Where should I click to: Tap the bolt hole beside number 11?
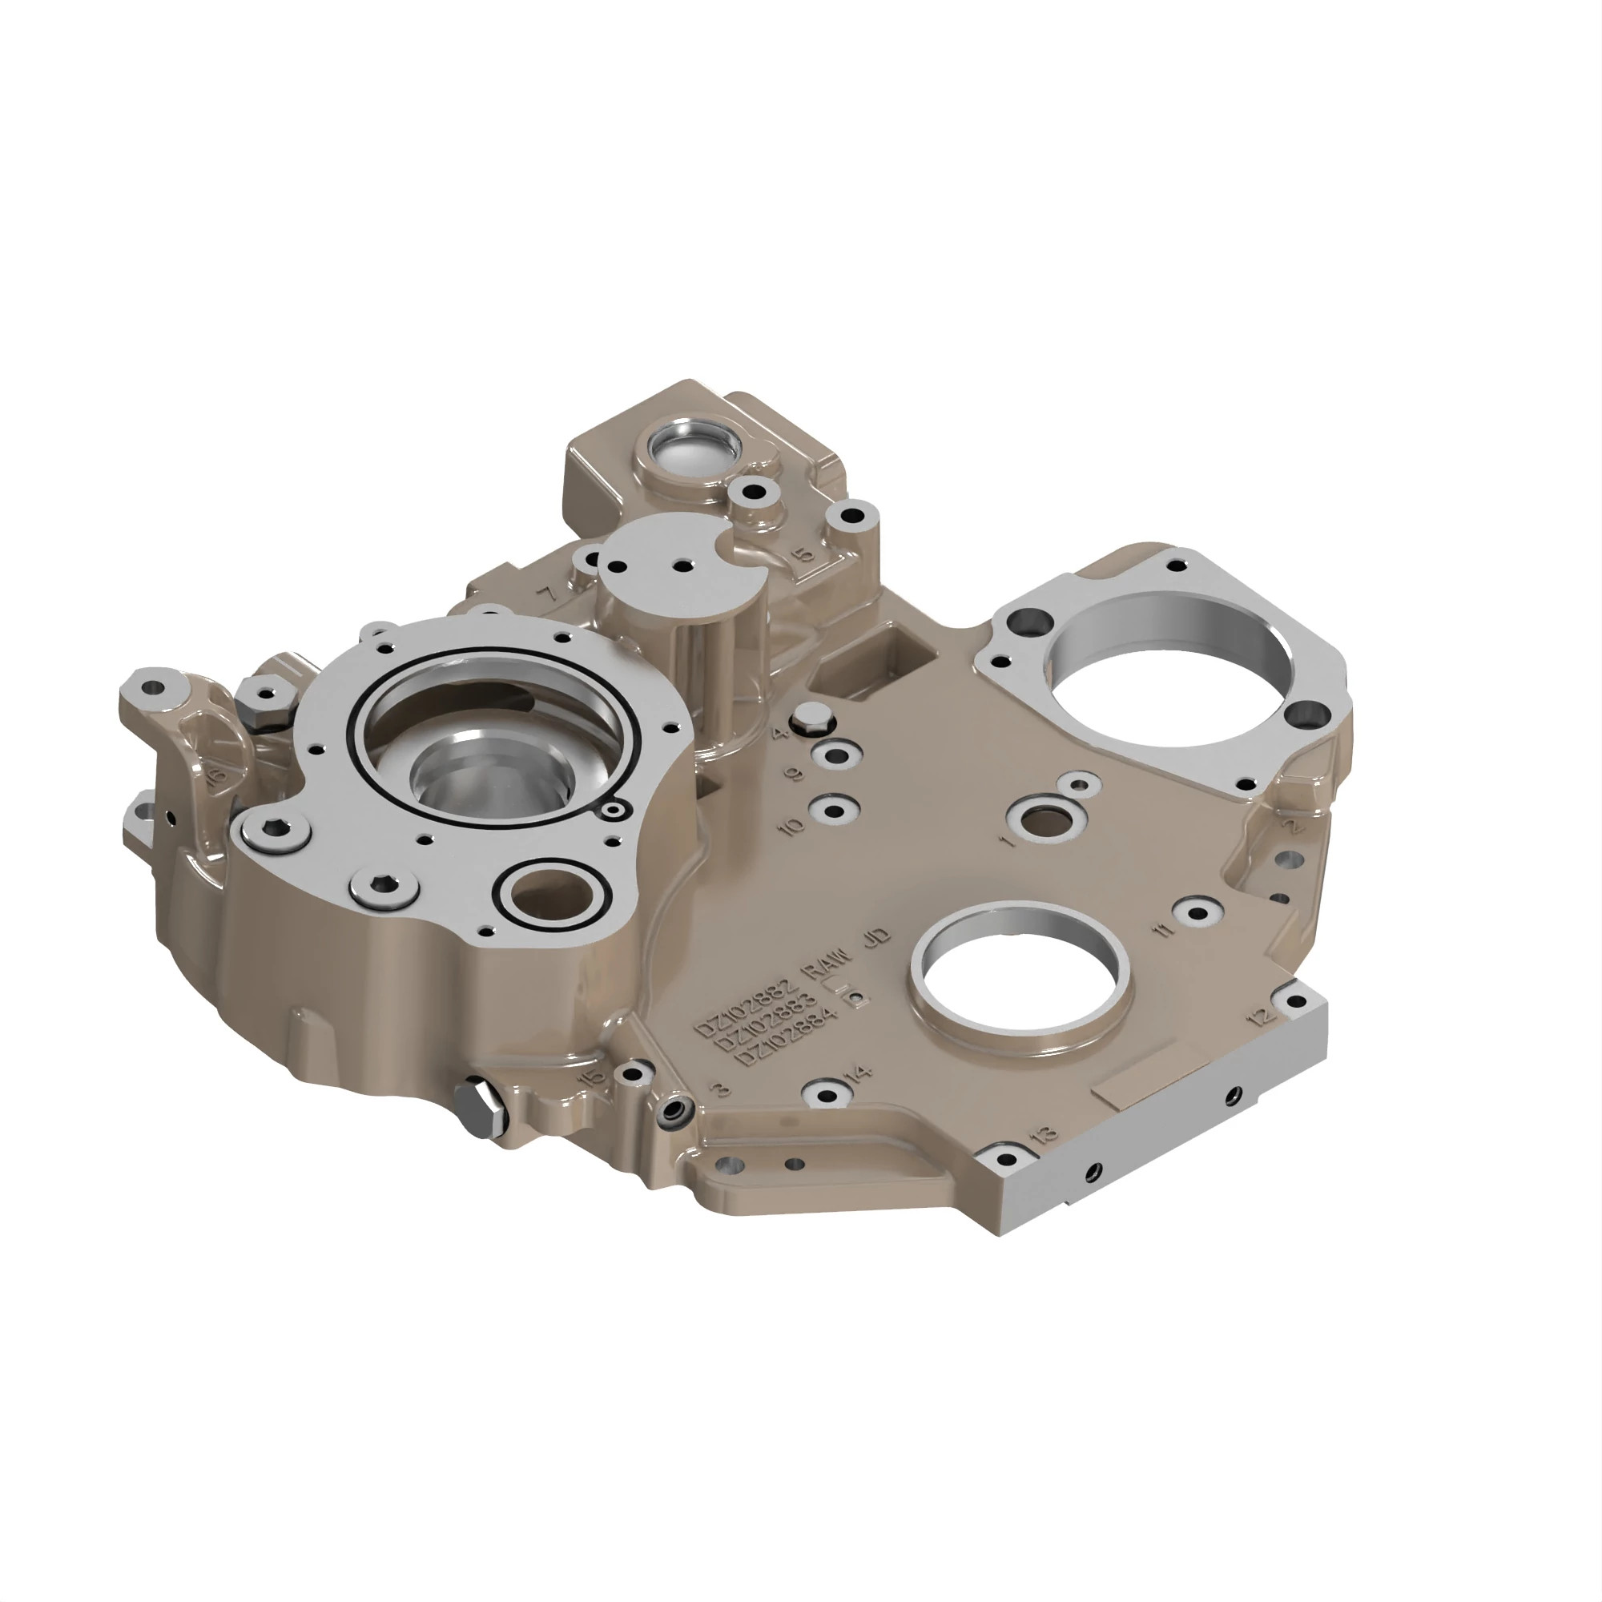1197,913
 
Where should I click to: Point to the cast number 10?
794,826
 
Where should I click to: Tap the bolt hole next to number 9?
831,755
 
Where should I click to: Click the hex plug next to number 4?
811,718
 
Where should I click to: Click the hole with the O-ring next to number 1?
1041,823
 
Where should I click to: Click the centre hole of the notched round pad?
683,566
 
